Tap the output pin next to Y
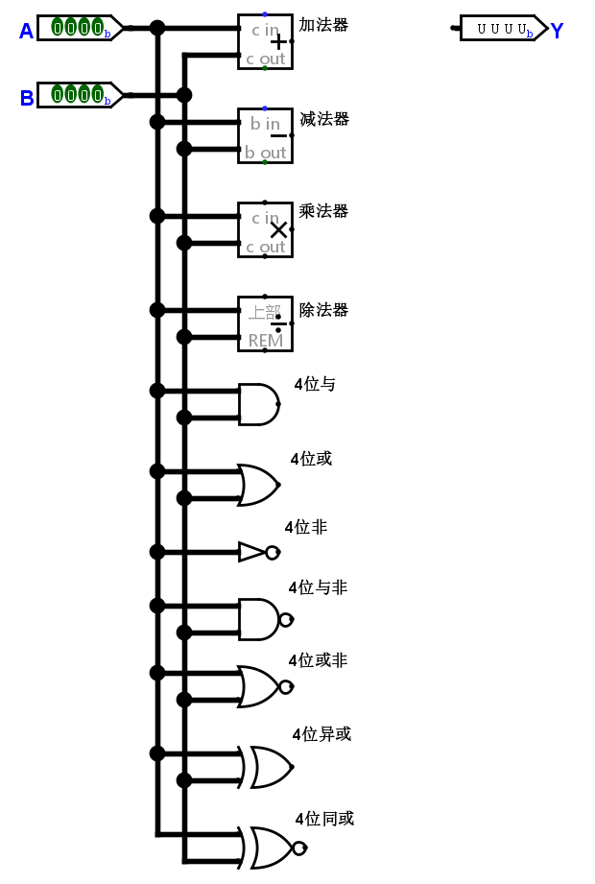(502, 29)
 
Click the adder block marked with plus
(265, 42)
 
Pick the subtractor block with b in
(265, 136)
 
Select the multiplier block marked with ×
(265, 230)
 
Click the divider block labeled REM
(265, 324)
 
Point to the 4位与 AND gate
(258, 404)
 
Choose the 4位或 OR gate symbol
(257, 485)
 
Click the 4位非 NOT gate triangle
(251, 552)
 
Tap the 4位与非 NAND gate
(258, 619)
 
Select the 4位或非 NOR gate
(257, 686)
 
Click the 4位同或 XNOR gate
(271, 848)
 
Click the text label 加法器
(323, 25)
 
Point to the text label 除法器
(323, 310)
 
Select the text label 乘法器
(323, 211)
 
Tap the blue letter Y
(557, 32)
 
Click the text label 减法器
(323, 119)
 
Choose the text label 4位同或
(324, 819)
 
